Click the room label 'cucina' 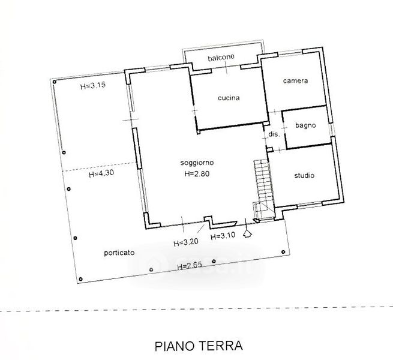229,98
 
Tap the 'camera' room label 296,81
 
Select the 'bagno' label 305,125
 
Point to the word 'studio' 304,175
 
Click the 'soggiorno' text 197,163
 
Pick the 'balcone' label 221,58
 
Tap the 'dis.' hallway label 274,134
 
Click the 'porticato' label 119,253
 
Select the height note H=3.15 93,86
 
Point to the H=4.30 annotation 101,173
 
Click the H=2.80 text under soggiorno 197,174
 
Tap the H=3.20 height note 186,242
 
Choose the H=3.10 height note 223,236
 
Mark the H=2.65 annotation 190,265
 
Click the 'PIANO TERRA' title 199,346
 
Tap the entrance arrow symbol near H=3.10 248,233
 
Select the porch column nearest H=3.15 55,82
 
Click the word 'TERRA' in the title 221,346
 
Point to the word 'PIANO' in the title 175,346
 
